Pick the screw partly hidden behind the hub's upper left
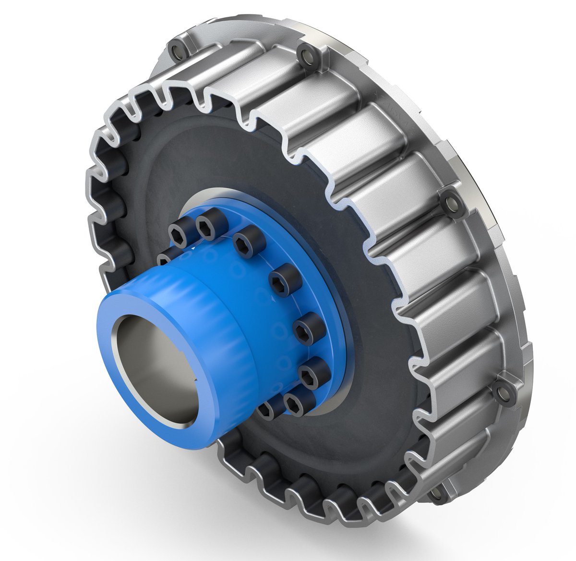point(166,257)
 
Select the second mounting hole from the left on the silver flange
point(305,54)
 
